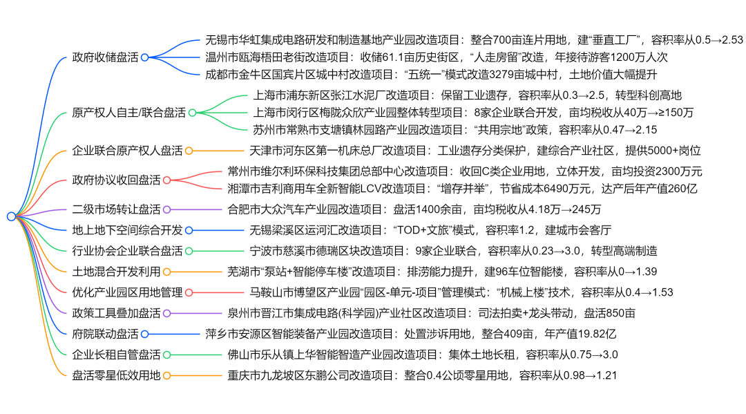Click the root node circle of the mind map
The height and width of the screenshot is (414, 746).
point(11,216)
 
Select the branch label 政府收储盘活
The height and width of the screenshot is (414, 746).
point(105,57)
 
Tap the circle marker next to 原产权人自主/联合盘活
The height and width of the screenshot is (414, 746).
point(192,112)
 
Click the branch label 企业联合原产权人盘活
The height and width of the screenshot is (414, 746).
point(127,150)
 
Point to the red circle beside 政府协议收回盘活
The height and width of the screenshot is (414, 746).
point(166,180)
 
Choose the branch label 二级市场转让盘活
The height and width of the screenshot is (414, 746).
point(116,209)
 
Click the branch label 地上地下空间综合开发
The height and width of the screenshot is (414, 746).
point(127,230)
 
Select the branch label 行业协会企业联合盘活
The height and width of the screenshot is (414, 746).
point(127,251)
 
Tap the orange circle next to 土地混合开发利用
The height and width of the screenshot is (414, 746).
point(166,272)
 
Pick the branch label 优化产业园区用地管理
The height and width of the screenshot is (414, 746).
point(127,292)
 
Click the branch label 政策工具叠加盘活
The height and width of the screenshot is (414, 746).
point(116,313)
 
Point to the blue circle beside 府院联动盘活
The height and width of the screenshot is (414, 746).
point(144,334)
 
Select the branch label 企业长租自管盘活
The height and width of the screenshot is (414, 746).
point(116,355)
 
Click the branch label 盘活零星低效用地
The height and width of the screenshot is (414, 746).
point(116,375)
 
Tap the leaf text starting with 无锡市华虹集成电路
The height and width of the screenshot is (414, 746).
point(474,40)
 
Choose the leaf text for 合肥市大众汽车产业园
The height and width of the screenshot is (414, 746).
point(414,209)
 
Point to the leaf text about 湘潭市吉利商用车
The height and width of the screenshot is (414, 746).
point(464,188)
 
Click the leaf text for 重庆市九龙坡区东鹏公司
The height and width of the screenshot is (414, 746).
point(421,375)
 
